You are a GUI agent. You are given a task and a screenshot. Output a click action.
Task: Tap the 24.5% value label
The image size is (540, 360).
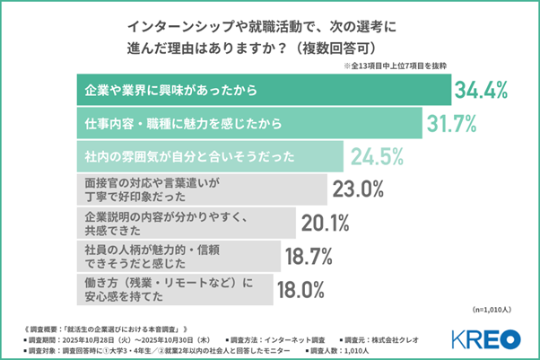click(379, 156)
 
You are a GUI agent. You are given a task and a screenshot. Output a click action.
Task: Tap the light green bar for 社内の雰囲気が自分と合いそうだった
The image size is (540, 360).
click(206, 156)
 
